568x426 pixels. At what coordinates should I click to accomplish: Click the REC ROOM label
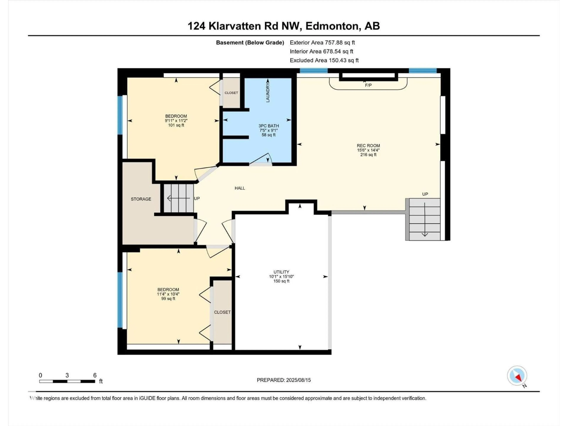point(368,146)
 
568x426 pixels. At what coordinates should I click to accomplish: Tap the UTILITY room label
point(281,272)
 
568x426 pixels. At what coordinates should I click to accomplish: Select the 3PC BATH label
point(269,126)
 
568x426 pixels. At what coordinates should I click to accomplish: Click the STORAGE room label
point(141,199)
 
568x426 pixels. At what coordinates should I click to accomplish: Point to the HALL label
point(240,188)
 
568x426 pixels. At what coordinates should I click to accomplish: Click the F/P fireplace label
point(368,85)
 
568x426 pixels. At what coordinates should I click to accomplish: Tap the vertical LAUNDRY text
point(268,92)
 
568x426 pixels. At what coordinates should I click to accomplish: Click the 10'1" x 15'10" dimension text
point(281,277)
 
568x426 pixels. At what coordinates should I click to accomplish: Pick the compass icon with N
point(517,376)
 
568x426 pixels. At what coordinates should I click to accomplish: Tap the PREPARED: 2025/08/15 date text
point(284,380)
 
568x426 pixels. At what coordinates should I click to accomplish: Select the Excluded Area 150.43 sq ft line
point(324,60)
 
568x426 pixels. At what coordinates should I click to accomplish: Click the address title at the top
point(284,26)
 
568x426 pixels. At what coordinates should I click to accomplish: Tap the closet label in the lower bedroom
point(222,312)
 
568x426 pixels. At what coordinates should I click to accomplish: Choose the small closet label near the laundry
point(231,93)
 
